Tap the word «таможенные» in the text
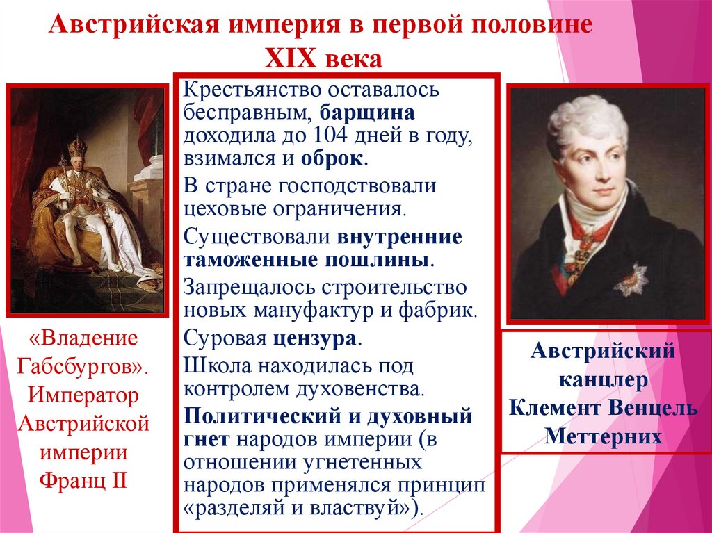(x=241, y=259)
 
